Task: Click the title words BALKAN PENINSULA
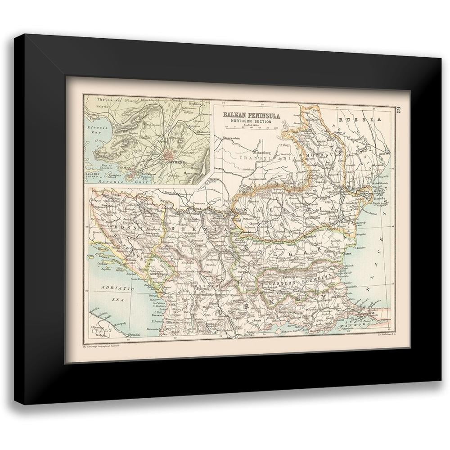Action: tap(252, 115)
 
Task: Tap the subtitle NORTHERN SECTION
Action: tap(252, 121)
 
